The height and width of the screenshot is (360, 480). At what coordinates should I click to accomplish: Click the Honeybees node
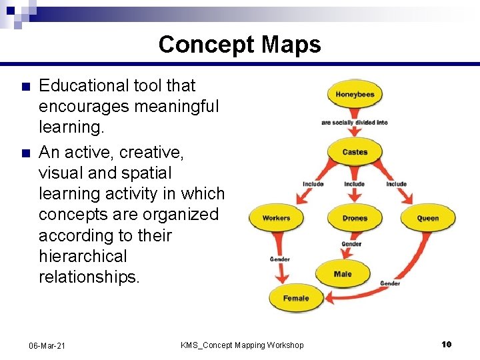[355, 95]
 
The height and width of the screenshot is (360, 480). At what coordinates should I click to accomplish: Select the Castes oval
[355, 152]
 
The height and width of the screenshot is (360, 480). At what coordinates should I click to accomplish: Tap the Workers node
[276, 218]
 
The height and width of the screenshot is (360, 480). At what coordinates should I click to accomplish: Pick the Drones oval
[355, 218]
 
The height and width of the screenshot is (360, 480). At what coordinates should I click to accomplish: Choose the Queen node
[428, 218]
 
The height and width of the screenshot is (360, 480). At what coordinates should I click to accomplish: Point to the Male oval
[343, 274]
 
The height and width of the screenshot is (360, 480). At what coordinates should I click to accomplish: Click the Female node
[295, 298]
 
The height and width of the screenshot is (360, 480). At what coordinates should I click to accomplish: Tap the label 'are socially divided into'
[354, 123]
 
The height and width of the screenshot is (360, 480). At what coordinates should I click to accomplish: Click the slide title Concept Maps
[240, 45]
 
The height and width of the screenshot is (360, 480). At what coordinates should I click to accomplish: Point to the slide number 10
[447, 344]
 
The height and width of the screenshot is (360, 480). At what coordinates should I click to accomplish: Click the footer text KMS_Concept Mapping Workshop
[242, 345]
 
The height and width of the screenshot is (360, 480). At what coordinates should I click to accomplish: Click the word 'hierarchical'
[83, 256]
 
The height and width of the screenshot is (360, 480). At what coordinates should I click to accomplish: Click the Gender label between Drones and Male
[351, 244]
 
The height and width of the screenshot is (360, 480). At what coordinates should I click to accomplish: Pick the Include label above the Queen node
[396, 184]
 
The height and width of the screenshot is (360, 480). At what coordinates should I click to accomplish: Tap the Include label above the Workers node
[313, 184]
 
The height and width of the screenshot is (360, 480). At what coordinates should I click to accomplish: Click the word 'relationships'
[88, 277]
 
